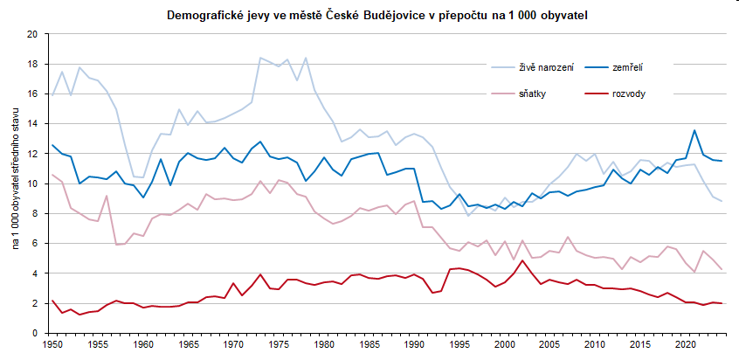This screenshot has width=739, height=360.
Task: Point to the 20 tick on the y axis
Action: coord(32,34)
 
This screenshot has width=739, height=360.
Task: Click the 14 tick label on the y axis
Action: coord(32,124)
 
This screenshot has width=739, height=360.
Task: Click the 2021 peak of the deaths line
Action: coord(694,131)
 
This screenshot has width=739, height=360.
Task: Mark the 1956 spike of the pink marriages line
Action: coord(107,196)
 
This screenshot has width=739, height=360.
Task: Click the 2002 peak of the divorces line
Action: coord(522,260)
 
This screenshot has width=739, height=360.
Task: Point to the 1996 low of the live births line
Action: coord(468,215)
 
